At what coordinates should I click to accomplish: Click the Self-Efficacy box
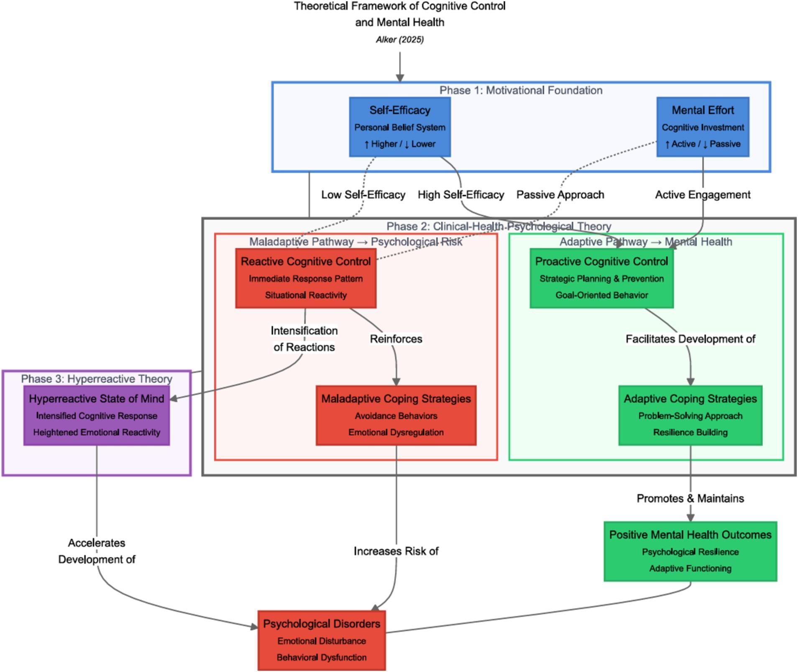click(399, 127)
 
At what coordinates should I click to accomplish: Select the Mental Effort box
click(702, 127)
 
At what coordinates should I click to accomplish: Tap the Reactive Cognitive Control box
click(305, 278)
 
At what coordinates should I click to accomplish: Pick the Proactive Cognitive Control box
click(601, 278)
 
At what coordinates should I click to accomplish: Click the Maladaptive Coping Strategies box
click(396, 415)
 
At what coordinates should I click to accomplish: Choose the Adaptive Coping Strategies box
click(690, 415)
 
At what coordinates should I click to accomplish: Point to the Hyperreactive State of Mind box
click(97, 415)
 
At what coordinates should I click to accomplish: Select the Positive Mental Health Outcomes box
click(690, 551)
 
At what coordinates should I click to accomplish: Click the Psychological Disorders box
click(321, 640)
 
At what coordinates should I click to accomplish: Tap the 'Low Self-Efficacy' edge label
click(363, 195)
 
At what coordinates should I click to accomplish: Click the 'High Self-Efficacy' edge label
click(461, 195)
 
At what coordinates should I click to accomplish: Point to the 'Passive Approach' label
click(560, 195)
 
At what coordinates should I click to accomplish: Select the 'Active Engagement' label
click(702, 195)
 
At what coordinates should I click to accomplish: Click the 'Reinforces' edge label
click(396, 339)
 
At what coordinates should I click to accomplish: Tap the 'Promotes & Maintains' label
click(690, 498)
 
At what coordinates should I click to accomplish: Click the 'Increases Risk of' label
click(396, 551)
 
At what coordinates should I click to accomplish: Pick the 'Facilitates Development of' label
click(690, 339)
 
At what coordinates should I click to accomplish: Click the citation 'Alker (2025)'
click(399, 40)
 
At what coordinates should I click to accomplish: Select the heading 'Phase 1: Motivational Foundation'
click(520, 90)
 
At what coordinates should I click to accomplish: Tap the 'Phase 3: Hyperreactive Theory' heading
click(97, 379)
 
